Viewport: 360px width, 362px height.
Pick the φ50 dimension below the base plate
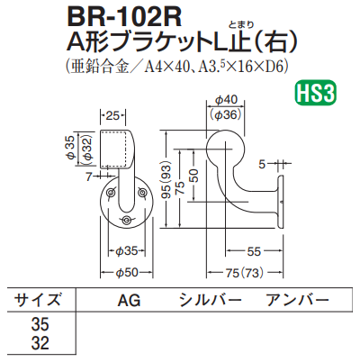126,272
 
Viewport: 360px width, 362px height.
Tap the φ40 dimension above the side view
229,101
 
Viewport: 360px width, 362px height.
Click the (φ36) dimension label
229,114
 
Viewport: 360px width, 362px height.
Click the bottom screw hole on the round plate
126,221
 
